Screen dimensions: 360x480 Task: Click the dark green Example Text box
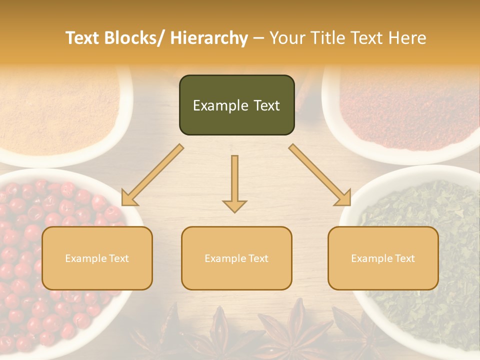[x=236, y=105]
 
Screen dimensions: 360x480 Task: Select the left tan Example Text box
[x=97, y=258]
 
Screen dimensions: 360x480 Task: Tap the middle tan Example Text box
[x=236, y=258]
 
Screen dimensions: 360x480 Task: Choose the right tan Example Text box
[x=383, y=258]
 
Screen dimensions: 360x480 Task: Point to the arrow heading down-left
[x=152, y=175]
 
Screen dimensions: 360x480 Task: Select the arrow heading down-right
[x=320, y=175]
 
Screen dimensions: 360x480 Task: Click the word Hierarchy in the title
[x=209, y=38]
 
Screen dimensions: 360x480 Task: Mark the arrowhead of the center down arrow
[x=234, y=206]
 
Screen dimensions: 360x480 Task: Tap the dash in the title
[x=258, y=38]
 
